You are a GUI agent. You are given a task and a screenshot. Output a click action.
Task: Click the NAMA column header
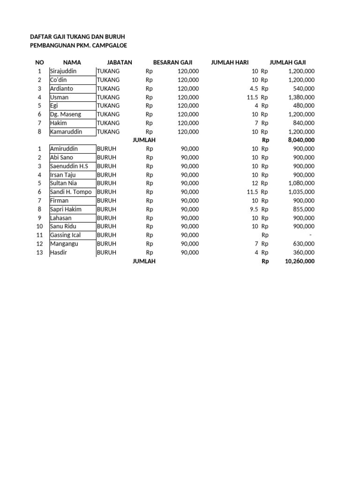click(72, 62)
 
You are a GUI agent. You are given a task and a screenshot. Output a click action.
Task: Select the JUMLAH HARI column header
click(230, 62)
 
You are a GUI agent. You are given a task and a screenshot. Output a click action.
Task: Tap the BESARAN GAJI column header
click(172, 62)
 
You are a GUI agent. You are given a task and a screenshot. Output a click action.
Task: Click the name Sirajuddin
click(63, 71)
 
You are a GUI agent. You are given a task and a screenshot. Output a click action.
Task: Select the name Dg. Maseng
click(65, 114)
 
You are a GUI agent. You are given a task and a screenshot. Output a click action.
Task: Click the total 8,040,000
click(300, 140)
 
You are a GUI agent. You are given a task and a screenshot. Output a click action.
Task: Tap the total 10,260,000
click(300, 262)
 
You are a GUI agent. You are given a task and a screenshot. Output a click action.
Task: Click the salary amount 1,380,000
click(301, 97)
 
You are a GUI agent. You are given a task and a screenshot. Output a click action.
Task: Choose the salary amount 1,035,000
click(301, 192)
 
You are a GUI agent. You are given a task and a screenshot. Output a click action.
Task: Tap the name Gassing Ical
click(65, 235)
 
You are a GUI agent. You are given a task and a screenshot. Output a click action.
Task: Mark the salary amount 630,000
click(304, 244)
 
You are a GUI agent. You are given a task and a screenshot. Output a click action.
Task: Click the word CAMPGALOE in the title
click(107, 45)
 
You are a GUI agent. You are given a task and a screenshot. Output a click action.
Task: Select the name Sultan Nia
click(63, 183)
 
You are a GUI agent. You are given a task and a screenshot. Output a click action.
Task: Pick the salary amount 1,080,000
click(301, 183)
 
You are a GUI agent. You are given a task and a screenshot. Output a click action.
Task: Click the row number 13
click(39, 253)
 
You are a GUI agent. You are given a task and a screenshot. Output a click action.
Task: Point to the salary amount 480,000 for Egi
click(304, 106)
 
